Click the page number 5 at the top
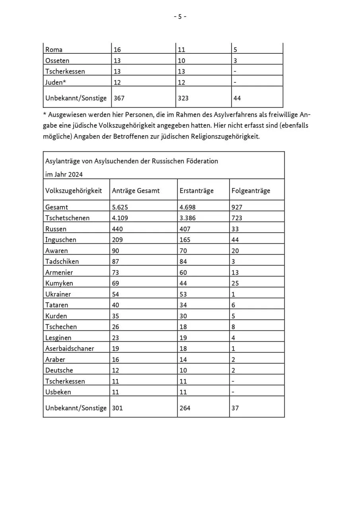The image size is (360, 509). pos(180,17)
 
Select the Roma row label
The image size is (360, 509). pos(54,50)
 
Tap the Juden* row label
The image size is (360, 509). pos(55,82)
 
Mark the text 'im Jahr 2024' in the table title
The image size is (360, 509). pos(64,174)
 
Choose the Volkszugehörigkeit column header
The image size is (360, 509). pos(74,191)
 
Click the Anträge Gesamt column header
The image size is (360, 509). pos(136,191)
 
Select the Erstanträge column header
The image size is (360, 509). pos(197,191)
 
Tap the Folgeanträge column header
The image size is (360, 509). pos(251,191)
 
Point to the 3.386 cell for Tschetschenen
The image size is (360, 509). pos(187,218)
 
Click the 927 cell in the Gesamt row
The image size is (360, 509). pos(237,207)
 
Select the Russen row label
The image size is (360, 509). pos(56,229)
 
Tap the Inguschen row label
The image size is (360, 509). pos(60,240)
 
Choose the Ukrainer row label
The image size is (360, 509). pos(58,294)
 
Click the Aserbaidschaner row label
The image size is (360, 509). pos(70,348)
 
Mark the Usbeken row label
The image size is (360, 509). pos(58,392)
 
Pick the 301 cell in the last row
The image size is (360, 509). pos(117,408)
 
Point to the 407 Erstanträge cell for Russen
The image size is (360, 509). pos(185,229)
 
